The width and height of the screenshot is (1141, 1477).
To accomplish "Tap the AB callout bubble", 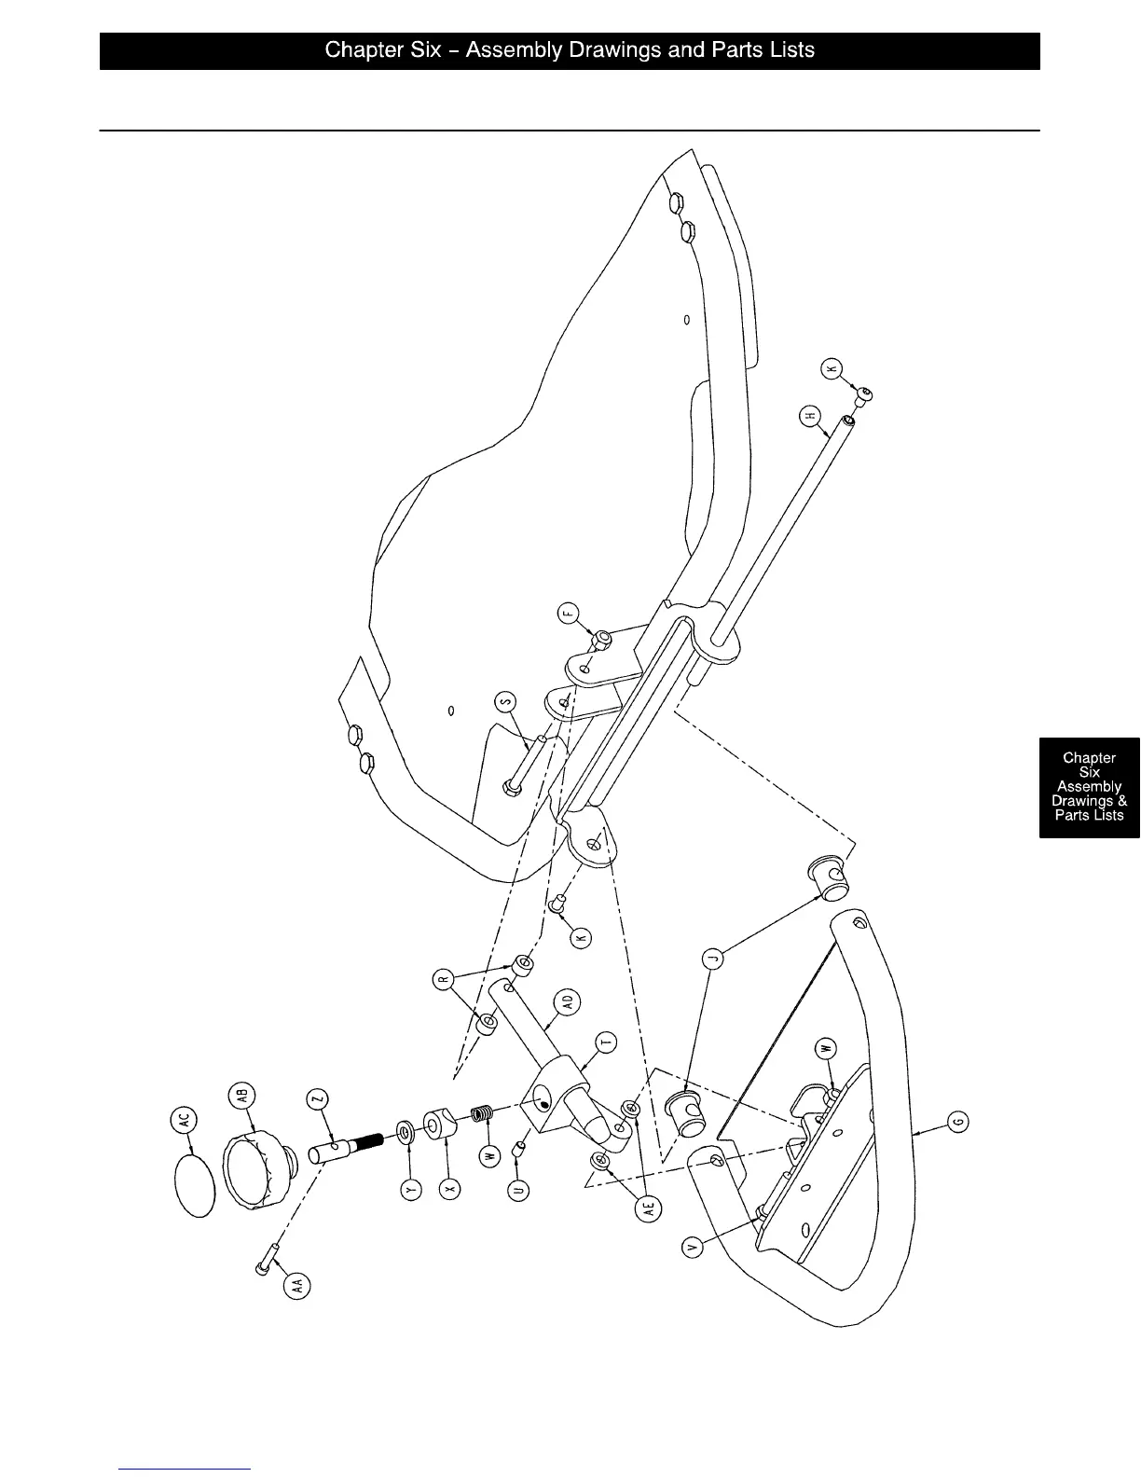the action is coord(241,1097).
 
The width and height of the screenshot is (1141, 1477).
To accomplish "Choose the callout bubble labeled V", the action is coord(694,1247).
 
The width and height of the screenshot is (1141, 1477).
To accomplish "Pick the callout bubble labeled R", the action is coord(445,980).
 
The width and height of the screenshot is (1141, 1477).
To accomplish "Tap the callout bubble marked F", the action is coord(569,614).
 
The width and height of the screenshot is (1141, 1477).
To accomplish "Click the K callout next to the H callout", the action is coord(832,368).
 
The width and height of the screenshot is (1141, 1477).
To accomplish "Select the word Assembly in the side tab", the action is coord(1089,786).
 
